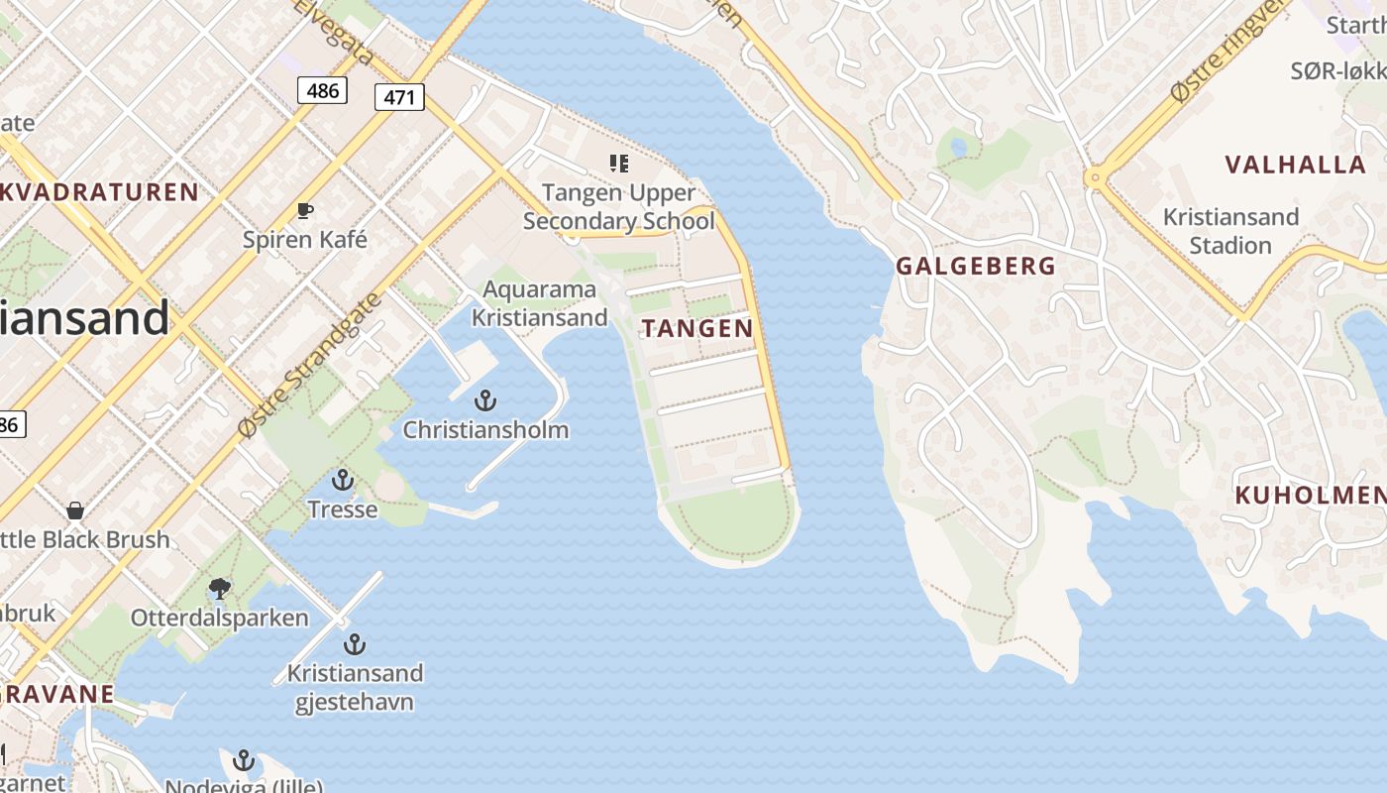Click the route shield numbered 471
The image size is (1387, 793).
click(399, 96)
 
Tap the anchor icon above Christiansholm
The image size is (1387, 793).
click(484, 400)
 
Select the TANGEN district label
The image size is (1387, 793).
click(697, 329)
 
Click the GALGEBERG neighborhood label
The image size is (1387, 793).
click(975, 266)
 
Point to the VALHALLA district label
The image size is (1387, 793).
click(1295, 165)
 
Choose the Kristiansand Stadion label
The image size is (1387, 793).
click(1229, 230)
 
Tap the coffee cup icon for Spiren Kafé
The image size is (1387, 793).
click(305, 210)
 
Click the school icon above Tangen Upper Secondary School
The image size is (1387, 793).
click(619, 164)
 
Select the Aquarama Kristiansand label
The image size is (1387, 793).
click(539, 303)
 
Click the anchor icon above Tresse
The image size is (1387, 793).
click(342, 481)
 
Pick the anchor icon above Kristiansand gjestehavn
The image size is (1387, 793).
click(355, 644)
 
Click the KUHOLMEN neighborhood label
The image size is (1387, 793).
click(1310, 496)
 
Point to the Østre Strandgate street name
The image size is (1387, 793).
click(308, 366)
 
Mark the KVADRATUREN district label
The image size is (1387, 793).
click(100, 191)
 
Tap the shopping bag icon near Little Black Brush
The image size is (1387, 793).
click(75, 510)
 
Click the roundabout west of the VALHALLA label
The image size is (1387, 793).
click(1095, 178)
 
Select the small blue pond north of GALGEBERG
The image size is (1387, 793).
click(958, 148)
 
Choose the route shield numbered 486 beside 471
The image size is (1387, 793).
click(322, 91)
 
